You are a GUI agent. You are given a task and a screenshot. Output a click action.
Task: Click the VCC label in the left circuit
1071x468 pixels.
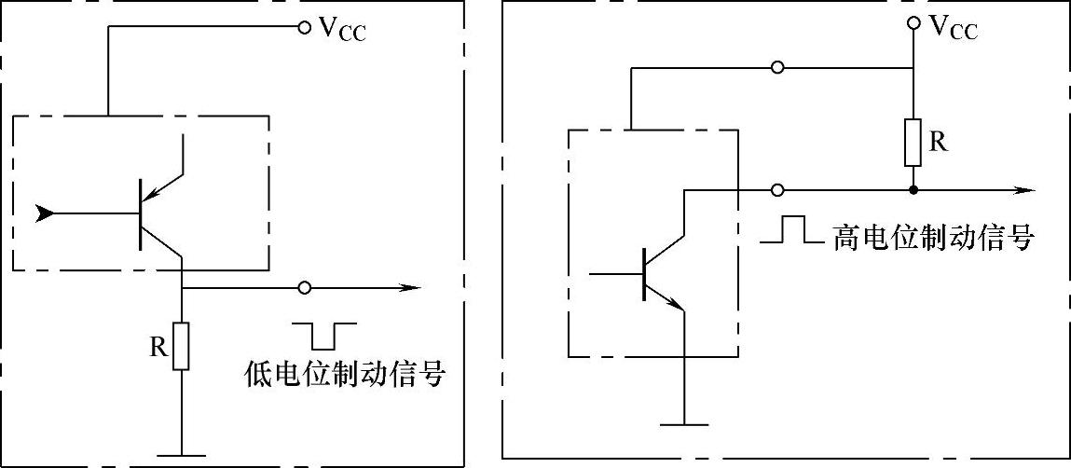coord(342,30)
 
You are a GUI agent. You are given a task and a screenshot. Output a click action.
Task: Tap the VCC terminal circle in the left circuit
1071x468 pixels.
coord(303,28)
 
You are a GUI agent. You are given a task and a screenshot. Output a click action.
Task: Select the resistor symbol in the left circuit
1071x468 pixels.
coord(182,346)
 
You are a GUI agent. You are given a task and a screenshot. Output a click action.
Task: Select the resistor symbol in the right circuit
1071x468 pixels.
coord(913,141)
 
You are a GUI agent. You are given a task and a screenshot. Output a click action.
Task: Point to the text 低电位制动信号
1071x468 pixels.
coord(341,375)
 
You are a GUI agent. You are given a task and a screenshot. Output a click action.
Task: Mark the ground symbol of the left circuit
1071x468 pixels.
coord(182,456)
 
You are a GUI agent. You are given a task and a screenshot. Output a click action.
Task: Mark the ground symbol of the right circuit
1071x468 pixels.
coord(685,424)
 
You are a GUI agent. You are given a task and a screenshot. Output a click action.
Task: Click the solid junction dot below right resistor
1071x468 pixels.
coord(913,190)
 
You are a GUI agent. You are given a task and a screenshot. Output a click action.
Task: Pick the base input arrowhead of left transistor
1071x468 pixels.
coord(43,213)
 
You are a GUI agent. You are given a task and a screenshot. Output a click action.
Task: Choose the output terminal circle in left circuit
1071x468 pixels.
coord(303,287)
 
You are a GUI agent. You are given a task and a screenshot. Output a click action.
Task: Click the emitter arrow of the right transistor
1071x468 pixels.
coord(677,301)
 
